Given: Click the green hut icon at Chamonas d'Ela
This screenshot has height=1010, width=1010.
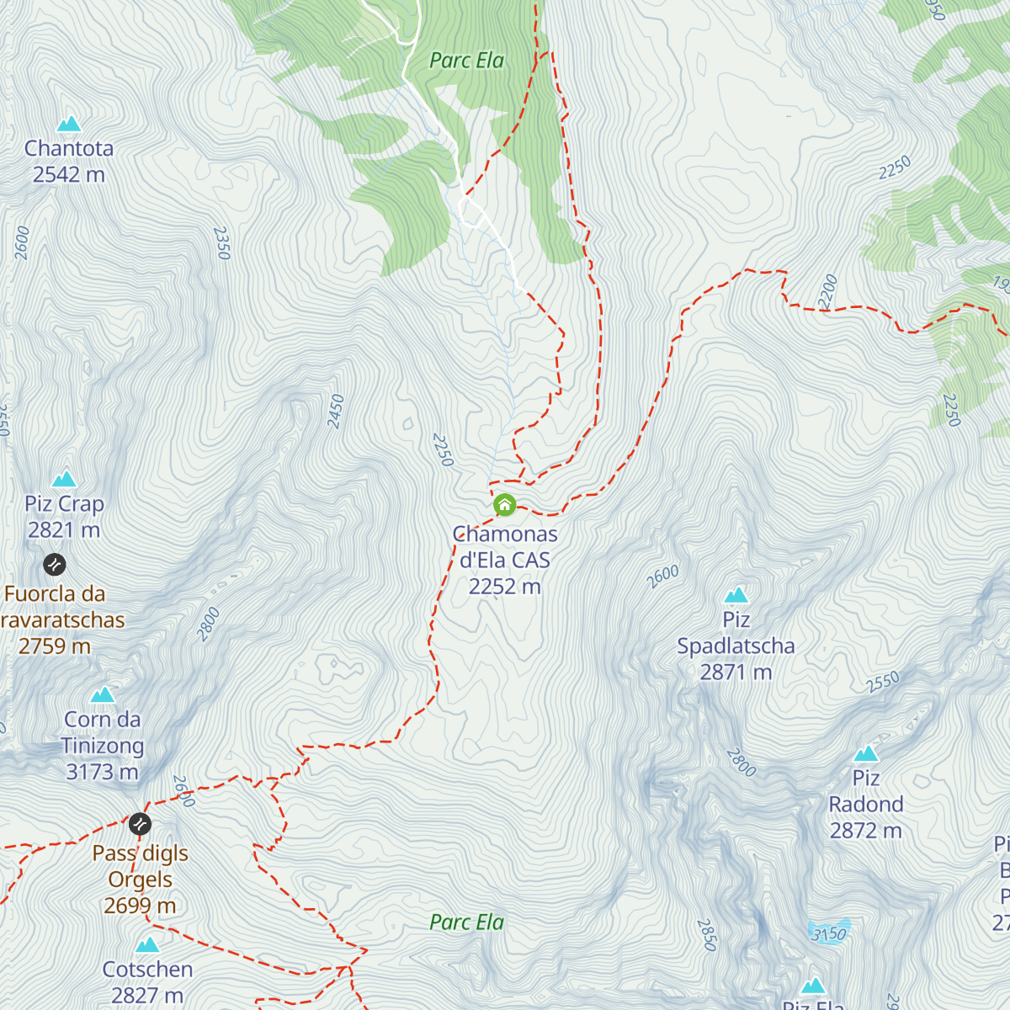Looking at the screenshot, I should (504, 505).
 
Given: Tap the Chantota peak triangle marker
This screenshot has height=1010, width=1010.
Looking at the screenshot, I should (69, 125).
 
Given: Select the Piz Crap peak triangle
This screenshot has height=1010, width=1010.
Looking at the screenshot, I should (64, 480).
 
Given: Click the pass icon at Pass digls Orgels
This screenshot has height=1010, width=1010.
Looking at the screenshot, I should (140, 822).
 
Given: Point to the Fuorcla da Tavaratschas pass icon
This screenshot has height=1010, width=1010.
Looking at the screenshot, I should (54, 563).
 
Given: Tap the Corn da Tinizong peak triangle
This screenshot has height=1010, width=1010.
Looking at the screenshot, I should (103, 694).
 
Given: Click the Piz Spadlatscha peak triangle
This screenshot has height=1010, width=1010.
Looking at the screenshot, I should (736, 595).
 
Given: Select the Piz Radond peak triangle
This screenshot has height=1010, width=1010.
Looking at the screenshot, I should (866, 753).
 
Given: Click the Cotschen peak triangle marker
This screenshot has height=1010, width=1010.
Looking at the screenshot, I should (147, 944).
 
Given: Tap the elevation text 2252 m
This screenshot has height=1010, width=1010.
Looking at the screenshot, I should (504, 587).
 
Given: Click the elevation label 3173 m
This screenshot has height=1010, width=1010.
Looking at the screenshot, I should (102, 772).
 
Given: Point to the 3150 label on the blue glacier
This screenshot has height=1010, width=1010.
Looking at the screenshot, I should (829, 933).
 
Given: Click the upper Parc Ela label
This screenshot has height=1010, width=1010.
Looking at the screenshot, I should (466, 61).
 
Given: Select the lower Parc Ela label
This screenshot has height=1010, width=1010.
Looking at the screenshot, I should (466, 922).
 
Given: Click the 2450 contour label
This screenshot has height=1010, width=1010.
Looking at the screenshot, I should (337, 412).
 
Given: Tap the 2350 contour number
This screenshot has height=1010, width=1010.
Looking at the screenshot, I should (221, 242).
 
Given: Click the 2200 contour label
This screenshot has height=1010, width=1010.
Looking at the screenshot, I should (828, 290).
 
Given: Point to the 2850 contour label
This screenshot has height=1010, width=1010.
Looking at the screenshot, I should (706, 934).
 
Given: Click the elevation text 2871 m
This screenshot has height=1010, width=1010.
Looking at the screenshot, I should (736, 672).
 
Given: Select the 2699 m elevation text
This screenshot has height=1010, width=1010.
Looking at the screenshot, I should (140, 906).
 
